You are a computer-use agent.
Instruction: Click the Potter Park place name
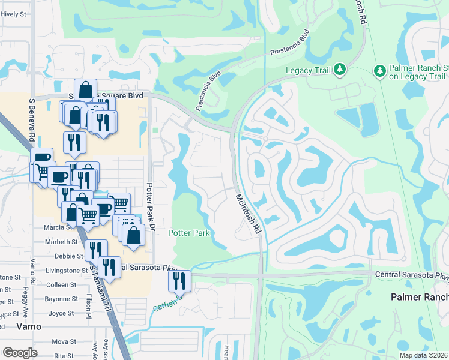tap(188, 233)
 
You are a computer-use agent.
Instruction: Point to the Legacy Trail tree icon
tap(339, 70)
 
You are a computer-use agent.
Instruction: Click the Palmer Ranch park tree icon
tap(379, 71)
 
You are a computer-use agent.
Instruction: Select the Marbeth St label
tap(62, 242)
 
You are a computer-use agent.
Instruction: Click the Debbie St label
tap(65, 256)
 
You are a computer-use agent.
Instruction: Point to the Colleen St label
tap(61, 285)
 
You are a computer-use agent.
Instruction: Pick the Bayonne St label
tap(61, 299)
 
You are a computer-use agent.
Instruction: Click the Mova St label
tap(64, 341)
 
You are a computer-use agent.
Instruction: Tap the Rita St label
tap(64, 356)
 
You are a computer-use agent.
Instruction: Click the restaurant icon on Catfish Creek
tap(180, 280)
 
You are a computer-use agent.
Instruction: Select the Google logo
tap(20, 353)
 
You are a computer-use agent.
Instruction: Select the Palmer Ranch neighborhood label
tap(419, 297)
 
